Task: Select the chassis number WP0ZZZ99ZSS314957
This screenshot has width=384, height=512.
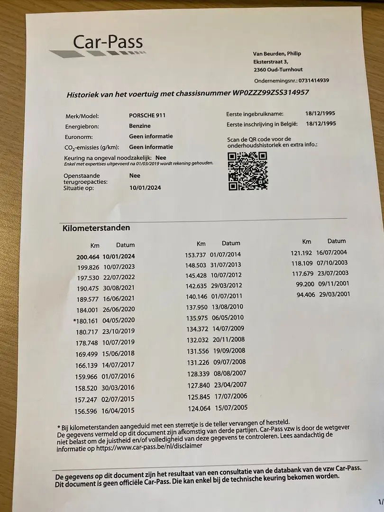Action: (271, 92)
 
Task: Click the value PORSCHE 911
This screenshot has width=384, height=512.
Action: (147, 115)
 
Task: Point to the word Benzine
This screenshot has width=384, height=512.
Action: (140, 126)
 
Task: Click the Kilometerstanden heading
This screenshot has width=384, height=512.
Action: (96, 228)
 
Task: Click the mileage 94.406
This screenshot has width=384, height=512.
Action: (306, 294)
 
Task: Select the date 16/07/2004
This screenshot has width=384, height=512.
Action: (332, 253)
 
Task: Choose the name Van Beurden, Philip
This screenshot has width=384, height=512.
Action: (277, 54)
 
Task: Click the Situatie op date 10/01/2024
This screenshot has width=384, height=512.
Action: (145, 188)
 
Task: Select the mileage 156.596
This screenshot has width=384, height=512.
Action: (88, 411)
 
